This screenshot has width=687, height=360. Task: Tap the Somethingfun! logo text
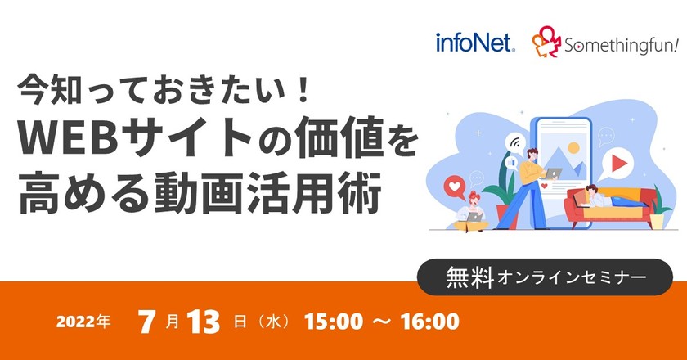point(621,46)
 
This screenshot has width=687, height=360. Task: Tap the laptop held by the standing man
point(554,173)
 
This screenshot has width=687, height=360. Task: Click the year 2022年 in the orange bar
point(83,322)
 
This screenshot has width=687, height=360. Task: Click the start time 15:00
point(332,322)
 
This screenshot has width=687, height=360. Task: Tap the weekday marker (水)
point(269,322)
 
